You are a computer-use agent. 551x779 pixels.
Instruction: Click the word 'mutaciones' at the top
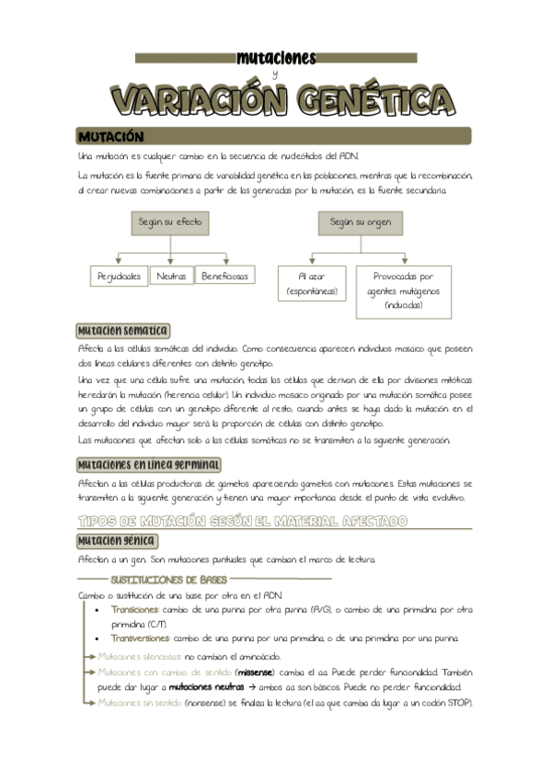(276, 59)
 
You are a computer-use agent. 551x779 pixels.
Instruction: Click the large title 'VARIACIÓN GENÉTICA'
(276, 99)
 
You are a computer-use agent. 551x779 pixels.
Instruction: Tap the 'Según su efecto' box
(171, 223)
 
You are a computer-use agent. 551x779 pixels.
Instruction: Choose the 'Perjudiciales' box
(120, 276)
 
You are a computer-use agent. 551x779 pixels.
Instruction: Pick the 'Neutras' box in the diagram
(171, 276)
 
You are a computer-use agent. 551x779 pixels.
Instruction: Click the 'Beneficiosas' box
(225, 276)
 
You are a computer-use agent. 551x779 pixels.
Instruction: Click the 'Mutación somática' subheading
(122, 331)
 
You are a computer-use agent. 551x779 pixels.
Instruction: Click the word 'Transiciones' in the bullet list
(134, 609)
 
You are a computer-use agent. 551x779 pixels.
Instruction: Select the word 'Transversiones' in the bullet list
(140, 638)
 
